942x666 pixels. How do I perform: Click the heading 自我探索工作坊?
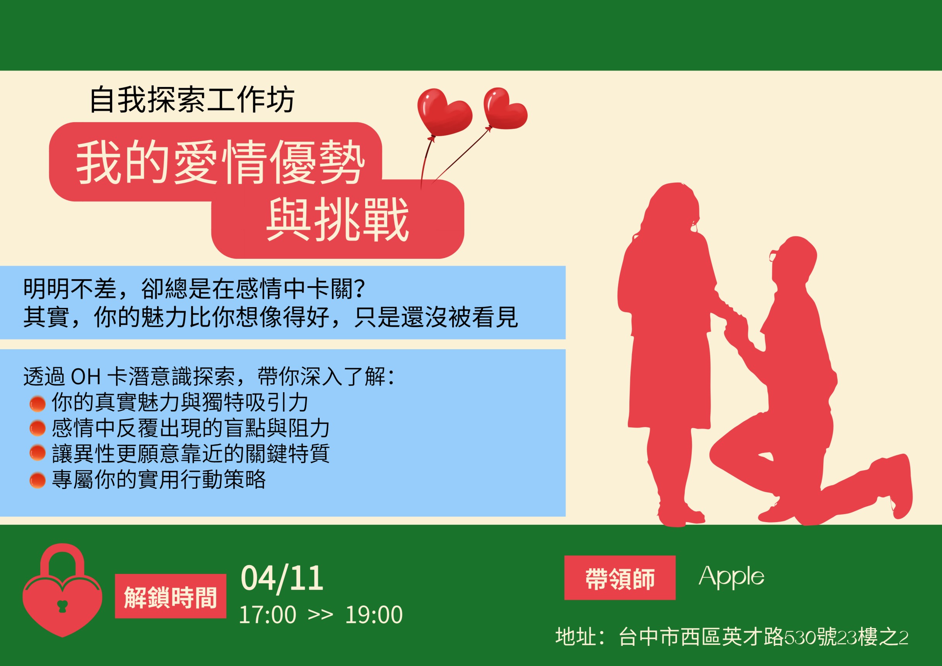point(191,99)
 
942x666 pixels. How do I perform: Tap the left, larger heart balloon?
point(444,111)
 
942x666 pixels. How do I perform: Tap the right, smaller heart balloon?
point(504,108)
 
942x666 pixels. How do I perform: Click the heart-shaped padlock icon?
point(62,590)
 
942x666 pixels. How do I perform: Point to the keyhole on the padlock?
point(62,606)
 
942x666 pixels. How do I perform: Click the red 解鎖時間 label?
point(170,596)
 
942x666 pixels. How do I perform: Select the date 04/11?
point(282,579)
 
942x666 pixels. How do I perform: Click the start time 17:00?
point(267,615)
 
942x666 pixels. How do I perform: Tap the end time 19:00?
point(374,615)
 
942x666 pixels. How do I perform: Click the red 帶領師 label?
point(619,577)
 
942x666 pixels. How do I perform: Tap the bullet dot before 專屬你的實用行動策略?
point(38,480)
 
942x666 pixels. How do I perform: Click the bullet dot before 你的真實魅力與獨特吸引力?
point(38,403)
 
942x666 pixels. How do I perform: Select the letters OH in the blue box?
point(86,376)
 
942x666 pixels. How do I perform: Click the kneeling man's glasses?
point(773,255)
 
